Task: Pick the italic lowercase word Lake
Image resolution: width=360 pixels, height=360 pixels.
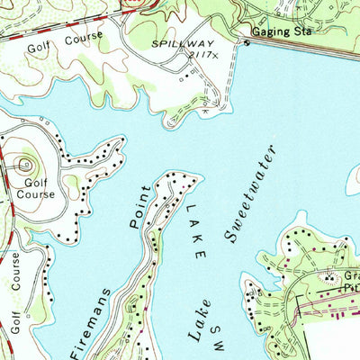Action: click(x=199, y=319)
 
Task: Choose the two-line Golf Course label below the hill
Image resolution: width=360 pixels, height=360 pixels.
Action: click(x=32, y=187)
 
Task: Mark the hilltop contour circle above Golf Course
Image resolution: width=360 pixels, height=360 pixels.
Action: click(x=25, y=164)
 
